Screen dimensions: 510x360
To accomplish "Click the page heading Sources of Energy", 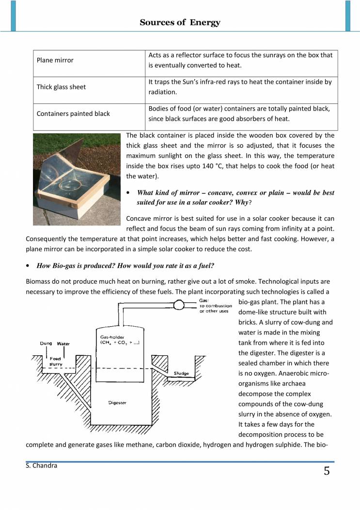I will tap(180, 22).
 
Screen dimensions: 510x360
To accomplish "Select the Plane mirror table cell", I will tap(55, 61).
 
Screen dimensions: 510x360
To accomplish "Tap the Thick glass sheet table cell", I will tap(61, 87).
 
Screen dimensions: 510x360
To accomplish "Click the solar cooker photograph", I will tap(77, 179).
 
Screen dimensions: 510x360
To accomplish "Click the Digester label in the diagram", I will tap(117, 403).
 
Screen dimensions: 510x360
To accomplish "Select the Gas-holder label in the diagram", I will tap(112, 336).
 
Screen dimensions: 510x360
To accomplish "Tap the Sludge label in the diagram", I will tap(181, 374).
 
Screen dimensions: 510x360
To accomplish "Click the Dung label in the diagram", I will tap(47, 344).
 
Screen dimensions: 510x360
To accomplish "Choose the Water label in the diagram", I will tap(63, 344).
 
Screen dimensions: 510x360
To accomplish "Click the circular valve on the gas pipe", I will tap(179, 304).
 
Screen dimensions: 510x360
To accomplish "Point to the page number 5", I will tap(327, 471).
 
